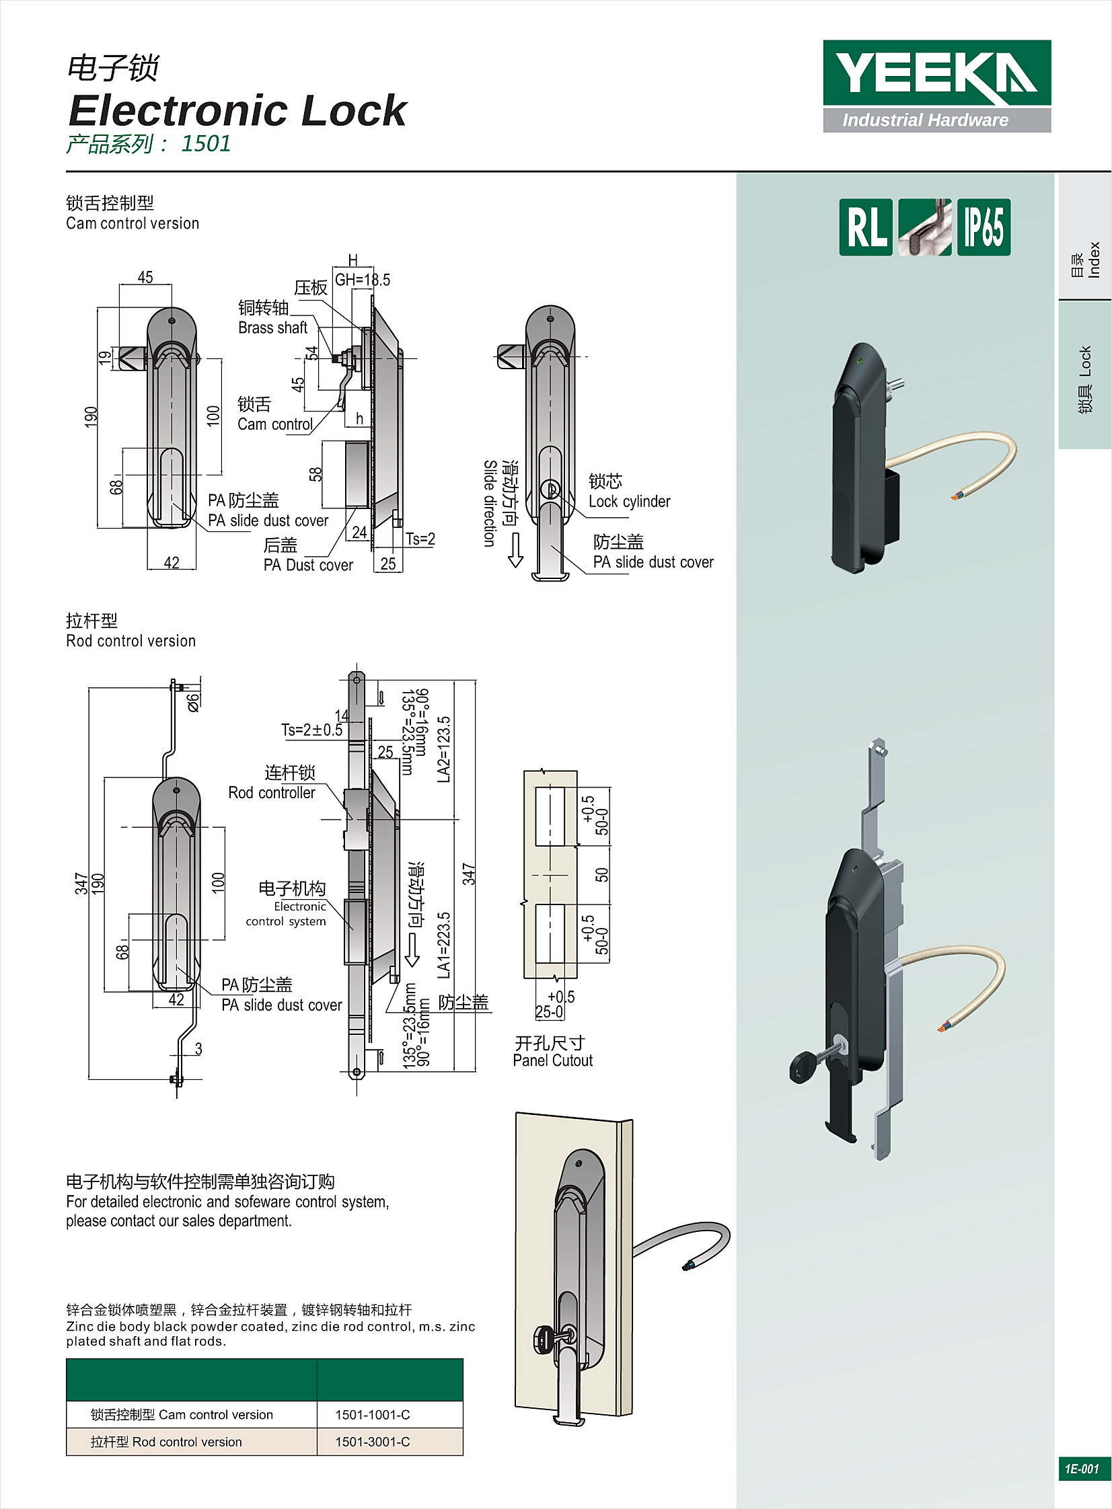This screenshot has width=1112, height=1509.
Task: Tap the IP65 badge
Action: (x=984, y=227)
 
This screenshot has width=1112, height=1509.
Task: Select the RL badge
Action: (x=866, y=227)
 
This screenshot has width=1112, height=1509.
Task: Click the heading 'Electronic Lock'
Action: (x=237, y=110)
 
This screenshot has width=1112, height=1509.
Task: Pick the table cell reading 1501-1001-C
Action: (x=373, y=1415)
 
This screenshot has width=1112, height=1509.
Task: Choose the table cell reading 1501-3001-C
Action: (x=373, y=1442)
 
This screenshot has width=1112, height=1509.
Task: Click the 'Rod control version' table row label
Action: (x=166, y=1442)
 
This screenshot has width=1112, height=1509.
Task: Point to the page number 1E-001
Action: (x=1081, y=1469)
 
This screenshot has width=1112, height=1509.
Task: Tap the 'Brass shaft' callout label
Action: (x=272, y=327)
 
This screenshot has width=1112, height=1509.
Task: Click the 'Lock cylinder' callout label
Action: (x=630, y=501)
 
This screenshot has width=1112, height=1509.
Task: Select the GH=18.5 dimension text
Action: (x=363, y=280)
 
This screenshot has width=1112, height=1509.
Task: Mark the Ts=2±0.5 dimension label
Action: (x=311, y=730)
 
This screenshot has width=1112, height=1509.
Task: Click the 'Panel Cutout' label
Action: (x=552, y=1060)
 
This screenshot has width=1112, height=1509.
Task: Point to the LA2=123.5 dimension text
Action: (x=443, y=749)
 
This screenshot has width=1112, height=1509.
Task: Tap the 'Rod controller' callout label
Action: (x=271, y=793)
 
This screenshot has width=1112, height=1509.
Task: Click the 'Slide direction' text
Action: (x=490, y=503)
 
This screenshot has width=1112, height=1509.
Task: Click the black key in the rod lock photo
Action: (x=803, y=1067)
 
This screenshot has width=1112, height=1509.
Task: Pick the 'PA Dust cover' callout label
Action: (x=308, y=565)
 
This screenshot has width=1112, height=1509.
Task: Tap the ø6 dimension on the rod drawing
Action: (x=193, y=701)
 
